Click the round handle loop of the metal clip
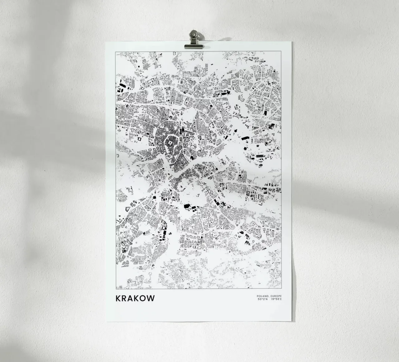pos(194,33)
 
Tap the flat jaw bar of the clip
pos(194,46)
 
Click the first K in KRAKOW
pos(118,299)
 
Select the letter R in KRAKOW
pos(125,299)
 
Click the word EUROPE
pos(275,296)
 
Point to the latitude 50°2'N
pos(263,300)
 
